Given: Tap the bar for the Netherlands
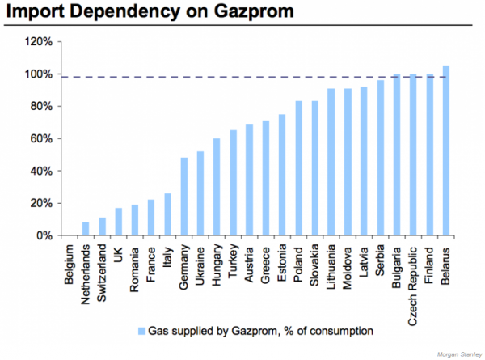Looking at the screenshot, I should (x=85, y=229).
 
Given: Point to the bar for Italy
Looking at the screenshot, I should (x=167, y=214).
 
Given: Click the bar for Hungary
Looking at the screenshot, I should (x=217, y=187).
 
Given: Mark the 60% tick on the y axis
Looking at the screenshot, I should (x=57, y=138).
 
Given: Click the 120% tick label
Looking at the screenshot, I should (x=38, y=41).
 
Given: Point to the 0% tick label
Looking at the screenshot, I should (x=42, y=235).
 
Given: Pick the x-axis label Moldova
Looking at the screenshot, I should (x=348, y=263).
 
